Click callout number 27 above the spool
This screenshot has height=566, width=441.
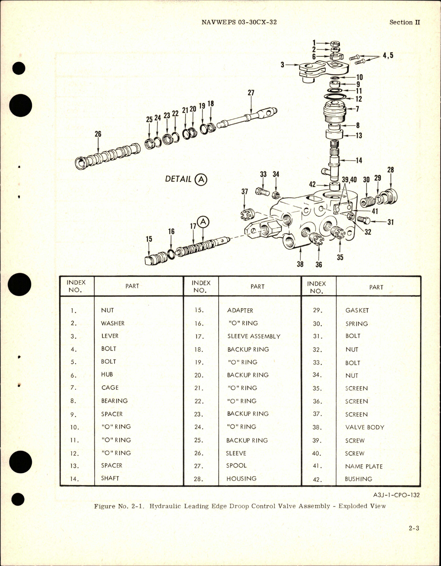pyautogui.click(x=251, y=93)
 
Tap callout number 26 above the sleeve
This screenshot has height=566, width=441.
pyautogui.click(x=98, y=134)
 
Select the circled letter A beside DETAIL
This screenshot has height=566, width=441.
pyautogui.click(x=201, y=179)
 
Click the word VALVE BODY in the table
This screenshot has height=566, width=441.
pyautogui.click(x=364, y=427)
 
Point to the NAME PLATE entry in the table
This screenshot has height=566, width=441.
pyautogui.click(x=363, y=466)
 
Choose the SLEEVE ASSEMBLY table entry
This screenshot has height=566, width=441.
pyautogui.click(x=253, y=336)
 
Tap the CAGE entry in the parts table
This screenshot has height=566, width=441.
pyautogui.click(x=110, y=387)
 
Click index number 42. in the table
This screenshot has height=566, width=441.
pyautogui.click(x=317, y=479)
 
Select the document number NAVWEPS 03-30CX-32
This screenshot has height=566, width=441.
pyautogui.click(x=239, y=22)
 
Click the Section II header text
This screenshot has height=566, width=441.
pyautogui.click(x=404, y=22)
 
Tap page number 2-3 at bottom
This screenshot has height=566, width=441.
pyautogui.click(x=414, y=528)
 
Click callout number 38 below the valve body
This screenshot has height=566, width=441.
pyautogui.click(x=300, y=264)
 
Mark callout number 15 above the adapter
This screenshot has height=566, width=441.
pyautogui.click(x=149, y=239)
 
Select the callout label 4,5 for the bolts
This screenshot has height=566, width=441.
pyautogui.click(x=388, y=55)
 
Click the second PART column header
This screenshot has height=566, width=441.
pyautogui.click(x=257, y=286)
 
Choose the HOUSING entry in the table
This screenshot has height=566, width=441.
pyautogui.click(x=241, y=478)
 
